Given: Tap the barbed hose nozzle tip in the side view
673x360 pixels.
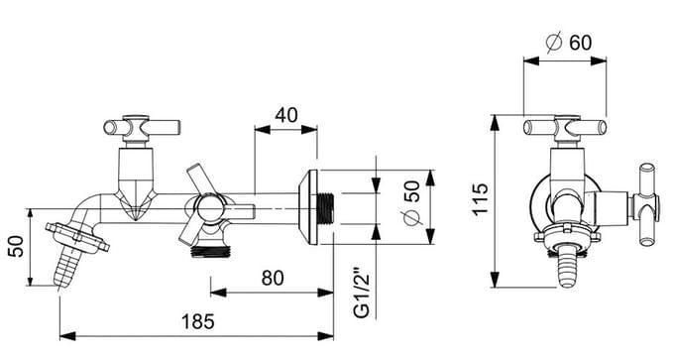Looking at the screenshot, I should [x=65, y=270].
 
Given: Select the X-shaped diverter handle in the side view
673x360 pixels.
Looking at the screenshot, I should [x=209, y=207].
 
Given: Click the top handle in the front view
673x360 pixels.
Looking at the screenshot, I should [x=564, y=126].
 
